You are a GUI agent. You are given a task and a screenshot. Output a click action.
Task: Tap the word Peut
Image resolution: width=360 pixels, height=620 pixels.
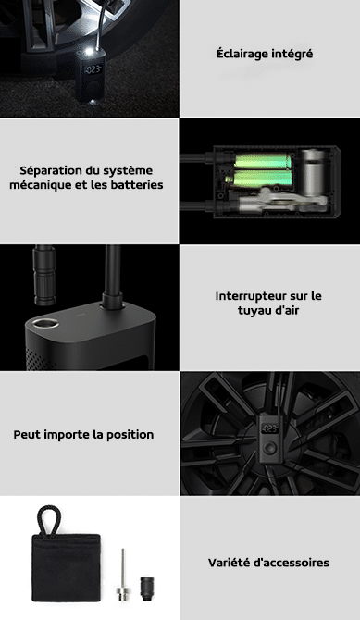pyautogui.click(x=27, y=435)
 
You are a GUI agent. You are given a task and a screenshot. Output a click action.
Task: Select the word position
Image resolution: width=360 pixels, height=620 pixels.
pyautogui.click(x=130, y=435)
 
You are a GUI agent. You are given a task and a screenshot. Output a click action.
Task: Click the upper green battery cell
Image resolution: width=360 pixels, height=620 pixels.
pyautogui.click(x=258, y=161)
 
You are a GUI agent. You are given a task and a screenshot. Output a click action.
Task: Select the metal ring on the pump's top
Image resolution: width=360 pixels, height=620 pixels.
pyautogui.click(x=45, y=324)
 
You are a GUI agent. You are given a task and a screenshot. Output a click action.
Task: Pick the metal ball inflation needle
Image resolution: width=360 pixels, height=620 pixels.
pyautogui.click(x=123, y=575)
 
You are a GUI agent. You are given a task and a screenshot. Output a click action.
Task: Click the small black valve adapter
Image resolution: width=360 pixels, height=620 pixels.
pyautogui.click(x=147, y=589)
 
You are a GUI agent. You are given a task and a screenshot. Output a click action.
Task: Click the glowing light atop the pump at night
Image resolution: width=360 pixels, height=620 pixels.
pyautogui.click(x=90, y=52)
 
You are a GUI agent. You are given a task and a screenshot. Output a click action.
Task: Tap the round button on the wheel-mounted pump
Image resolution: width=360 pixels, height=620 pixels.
pyautogui.click(x=270, y=448)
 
